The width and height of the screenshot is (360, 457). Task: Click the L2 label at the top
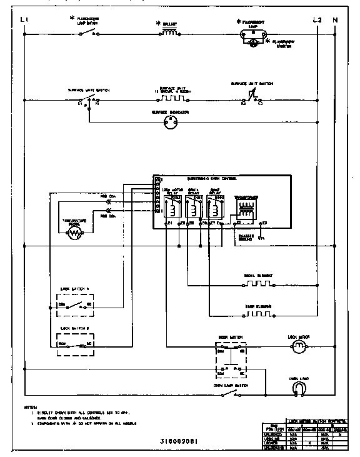click(316, 20)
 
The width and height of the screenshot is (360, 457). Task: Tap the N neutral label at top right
click(335, 20)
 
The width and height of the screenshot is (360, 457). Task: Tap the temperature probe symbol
click(74, 233)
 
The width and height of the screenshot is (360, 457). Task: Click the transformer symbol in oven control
click(245, 208)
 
